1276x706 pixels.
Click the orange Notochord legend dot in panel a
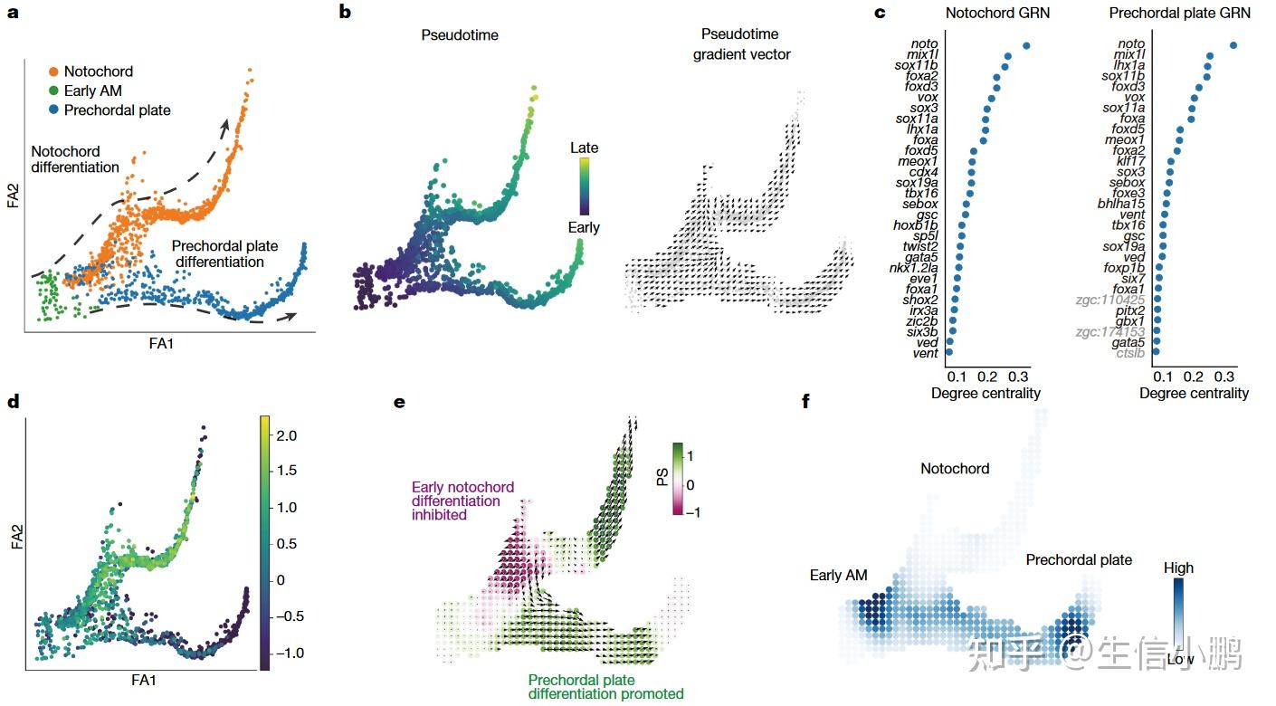(x=54, y=72)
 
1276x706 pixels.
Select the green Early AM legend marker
(x=54, y=91)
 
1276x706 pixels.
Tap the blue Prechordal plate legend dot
(x=54, y=110)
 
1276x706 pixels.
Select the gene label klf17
(x=1129, y=160)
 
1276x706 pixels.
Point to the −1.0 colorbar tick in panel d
(x=289, y=653)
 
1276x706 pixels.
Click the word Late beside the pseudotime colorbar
(x=584, y=148)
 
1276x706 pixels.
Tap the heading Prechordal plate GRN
(x=1180, y=13)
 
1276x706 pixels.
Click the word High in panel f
(x=1178, y=568)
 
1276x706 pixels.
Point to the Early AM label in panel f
(x=838, y=575)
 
